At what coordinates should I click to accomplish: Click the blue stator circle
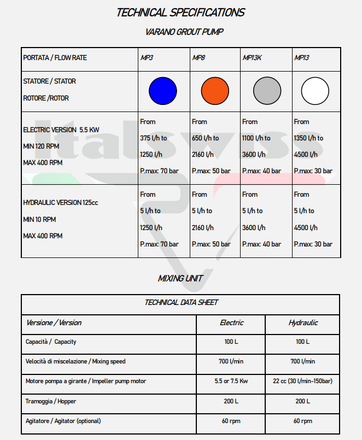(163, 90)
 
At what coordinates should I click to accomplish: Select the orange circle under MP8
(215, 90)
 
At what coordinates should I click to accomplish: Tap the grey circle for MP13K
(267, 90)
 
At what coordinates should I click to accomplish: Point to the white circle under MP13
(316, 90)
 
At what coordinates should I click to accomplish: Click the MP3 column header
(147, 58)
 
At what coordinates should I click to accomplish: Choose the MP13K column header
(252, 58)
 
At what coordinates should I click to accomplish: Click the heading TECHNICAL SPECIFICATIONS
(180, 13)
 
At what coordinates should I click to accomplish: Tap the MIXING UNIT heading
(180, 278)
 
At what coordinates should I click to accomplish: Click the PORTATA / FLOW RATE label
(55, 58)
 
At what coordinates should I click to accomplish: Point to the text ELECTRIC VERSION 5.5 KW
(61, 130)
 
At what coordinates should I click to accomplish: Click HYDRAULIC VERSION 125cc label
(61, 203)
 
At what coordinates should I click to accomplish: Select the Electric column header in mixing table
(231, 323)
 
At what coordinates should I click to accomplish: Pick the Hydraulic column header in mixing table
(303, 323)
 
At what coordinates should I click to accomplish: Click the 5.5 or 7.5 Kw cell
(231, 381)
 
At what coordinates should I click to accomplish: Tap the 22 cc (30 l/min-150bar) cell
(303, 381)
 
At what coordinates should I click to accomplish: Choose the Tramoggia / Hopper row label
(51, 401)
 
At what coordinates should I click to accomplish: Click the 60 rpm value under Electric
(231, 421)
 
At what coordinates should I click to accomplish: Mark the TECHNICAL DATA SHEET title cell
(181, 302)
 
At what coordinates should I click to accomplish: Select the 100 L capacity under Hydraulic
(303, 342)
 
